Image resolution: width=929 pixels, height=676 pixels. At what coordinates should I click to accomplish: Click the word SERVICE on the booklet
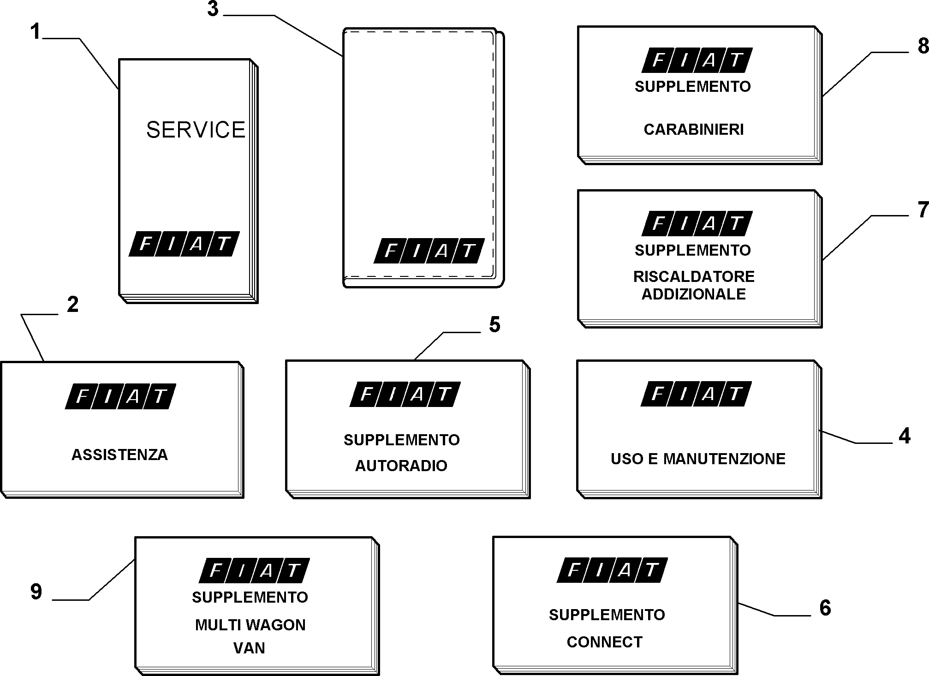click(x=196, y=130)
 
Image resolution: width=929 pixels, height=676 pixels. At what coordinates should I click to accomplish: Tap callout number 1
click(x=36, y=32)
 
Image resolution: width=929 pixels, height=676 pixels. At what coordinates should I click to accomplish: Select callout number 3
click(x=213, y=9)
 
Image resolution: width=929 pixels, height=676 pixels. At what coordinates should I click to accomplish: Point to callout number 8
click(x=923, y=46)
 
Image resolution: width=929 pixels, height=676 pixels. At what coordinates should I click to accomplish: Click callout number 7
click(x=923, y=210)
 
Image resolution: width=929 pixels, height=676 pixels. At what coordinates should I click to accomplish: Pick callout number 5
click(x=494, y=325)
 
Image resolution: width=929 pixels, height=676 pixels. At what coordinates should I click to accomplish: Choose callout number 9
click(x=36, y=592)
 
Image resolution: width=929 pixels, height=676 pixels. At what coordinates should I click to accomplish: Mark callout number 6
click(x=825, y=608)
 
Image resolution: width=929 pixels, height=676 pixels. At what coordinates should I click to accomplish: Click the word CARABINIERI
click(x=694, y=130)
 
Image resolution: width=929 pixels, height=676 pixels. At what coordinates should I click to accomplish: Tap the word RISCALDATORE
click(x=694, y=276)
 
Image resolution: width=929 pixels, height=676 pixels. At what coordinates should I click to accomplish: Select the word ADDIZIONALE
click(x=694, y=294)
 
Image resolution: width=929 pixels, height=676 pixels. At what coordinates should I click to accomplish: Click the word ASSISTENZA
click(x=119, y=455)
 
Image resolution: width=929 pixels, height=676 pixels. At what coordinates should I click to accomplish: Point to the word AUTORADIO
click(x=401, y=466)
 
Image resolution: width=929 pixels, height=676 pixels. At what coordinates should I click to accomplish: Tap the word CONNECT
click(x=604, y=642)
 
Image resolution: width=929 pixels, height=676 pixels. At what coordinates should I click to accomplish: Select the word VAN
click(x=249, y=648)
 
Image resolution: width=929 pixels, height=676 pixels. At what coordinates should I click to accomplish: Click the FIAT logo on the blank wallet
click(x=429, y=251)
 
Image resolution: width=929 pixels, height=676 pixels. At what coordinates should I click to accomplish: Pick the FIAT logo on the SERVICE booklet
click(x=184, y=244)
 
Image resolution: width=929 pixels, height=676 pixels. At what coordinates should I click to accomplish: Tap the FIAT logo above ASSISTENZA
click(x=120, y=396)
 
